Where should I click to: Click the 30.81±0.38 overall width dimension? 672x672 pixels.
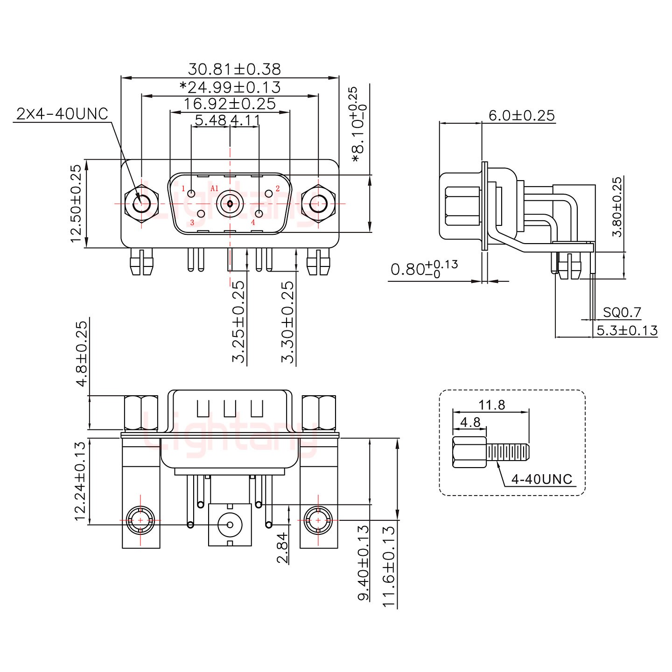(234, 69)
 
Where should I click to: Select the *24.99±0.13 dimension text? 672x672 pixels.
(230, 87)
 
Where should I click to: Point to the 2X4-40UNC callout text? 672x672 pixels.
(62, 113)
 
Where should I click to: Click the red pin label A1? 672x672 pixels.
(215, 189)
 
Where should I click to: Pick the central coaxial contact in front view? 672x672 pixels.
(230, 204)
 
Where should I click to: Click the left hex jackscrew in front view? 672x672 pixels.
(141, 204)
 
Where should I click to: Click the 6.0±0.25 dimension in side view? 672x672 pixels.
(522, 115)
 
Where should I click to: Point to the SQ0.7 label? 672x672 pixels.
(622, 312)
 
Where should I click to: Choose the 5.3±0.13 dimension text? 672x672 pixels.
(627, 331)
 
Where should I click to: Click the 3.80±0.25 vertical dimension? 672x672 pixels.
(617, 207)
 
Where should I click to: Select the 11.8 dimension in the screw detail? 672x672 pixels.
(491, 405)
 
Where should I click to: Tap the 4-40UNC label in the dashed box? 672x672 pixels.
(541, 479)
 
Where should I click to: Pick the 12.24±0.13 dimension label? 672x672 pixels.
(80, 481)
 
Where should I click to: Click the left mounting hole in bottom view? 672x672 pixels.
(141, 519)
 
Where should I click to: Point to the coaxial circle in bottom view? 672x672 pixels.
(229, 524)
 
